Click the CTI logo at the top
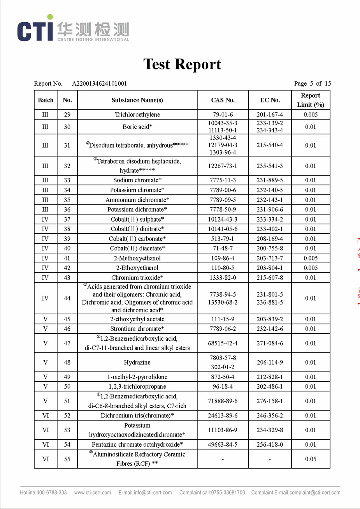[x=73, y=29]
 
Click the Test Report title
[x=182, y=64]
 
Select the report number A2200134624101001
[x=100, y=83]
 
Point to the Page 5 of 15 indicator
[x=313, y=83]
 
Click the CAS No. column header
[x=223, y=100]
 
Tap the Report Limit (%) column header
[x=311, y=100]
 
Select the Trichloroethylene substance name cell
[x=137, y=114]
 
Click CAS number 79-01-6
[x=223, y=114]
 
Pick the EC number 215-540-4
[x=270, y=145]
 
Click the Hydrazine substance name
[x=137, y=362]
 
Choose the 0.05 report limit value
[x=311, y=459]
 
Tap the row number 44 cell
[x=67, y=298]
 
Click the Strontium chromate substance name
[x=137, y=329]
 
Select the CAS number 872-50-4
[x=223, y=377]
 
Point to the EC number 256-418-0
[x=270, y=444]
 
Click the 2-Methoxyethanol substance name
[x=137, y=258]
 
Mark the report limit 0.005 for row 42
[x=311, y=268]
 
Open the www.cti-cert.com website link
[x=93, y=493]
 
